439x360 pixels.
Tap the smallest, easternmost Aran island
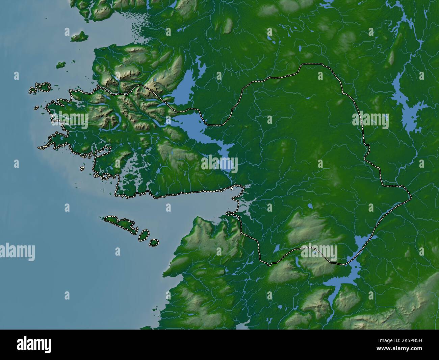154,242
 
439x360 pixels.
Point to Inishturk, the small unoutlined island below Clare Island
61,65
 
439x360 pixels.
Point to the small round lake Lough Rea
310,206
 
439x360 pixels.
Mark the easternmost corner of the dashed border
411,198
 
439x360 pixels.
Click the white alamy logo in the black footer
34,345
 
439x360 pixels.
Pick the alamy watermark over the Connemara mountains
69,120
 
